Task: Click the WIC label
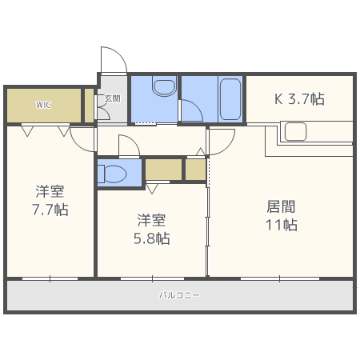click(42, 105)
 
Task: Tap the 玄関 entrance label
click(112, 99)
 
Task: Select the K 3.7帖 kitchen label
click(300, 99)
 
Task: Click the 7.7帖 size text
click(50, 210)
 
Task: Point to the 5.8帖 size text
click(151, 238)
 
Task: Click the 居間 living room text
click(281, 206)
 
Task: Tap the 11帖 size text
click(281, 225)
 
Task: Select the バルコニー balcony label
click(179, 295)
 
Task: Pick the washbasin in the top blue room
click(165, 87)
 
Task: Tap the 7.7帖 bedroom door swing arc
click(82, 141)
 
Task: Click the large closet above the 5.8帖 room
click(163, 170)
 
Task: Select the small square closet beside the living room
click(196, 170)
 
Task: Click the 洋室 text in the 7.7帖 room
click(50, 191)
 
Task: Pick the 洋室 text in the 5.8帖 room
click(151, 219)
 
